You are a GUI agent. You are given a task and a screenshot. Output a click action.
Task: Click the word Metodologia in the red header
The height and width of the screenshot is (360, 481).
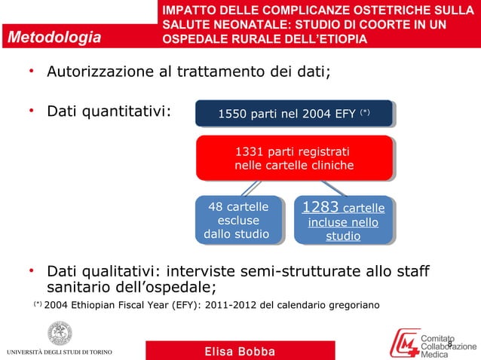click(54, 37)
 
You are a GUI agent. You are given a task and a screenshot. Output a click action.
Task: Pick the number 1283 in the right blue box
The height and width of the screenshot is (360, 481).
click(320, 207)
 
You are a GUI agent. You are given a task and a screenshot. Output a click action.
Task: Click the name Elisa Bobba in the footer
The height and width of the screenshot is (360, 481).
click(240, 352)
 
